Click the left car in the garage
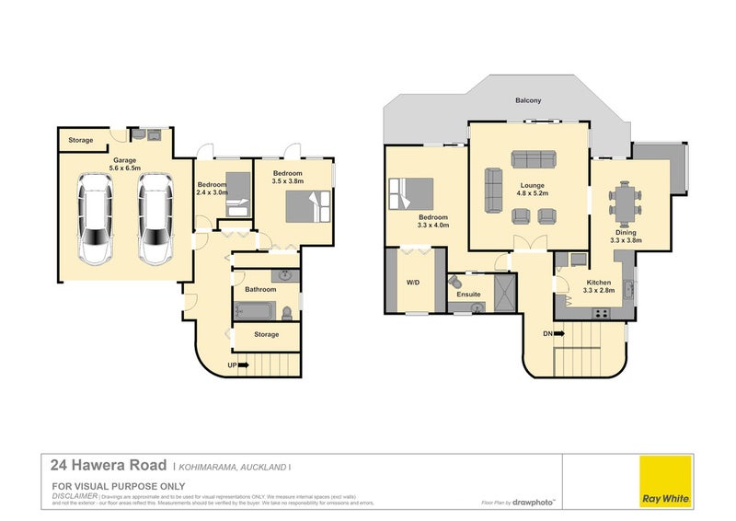click(x=97, y=220)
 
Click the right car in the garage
click(x=155, y=220)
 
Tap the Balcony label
click(x=527, y=100)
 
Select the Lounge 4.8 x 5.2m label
click(x=533, y=190)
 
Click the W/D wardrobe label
click(x=412, y=283)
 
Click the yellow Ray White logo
click(x=664, y=480)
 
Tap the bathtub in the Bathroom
click(x=253, y=311)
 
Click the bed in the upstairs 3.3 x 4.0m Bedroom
click(x=412, y=192)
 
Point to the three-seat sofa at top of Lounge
click(x=533, y=157)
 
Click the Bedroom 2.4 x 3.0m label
click(x=212, y=189)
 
